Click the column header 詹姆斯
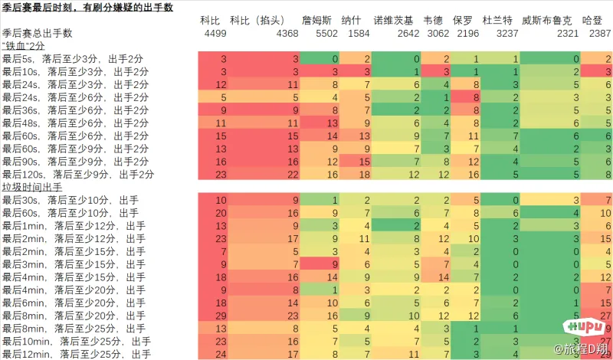tap(316, 21)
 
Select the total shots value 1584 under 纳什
tap(359, 34)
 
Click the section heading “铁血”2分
tap(23, 46)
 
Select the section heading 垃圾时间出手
tap(31, 187)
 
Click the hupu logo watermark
tap(584, 326)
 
